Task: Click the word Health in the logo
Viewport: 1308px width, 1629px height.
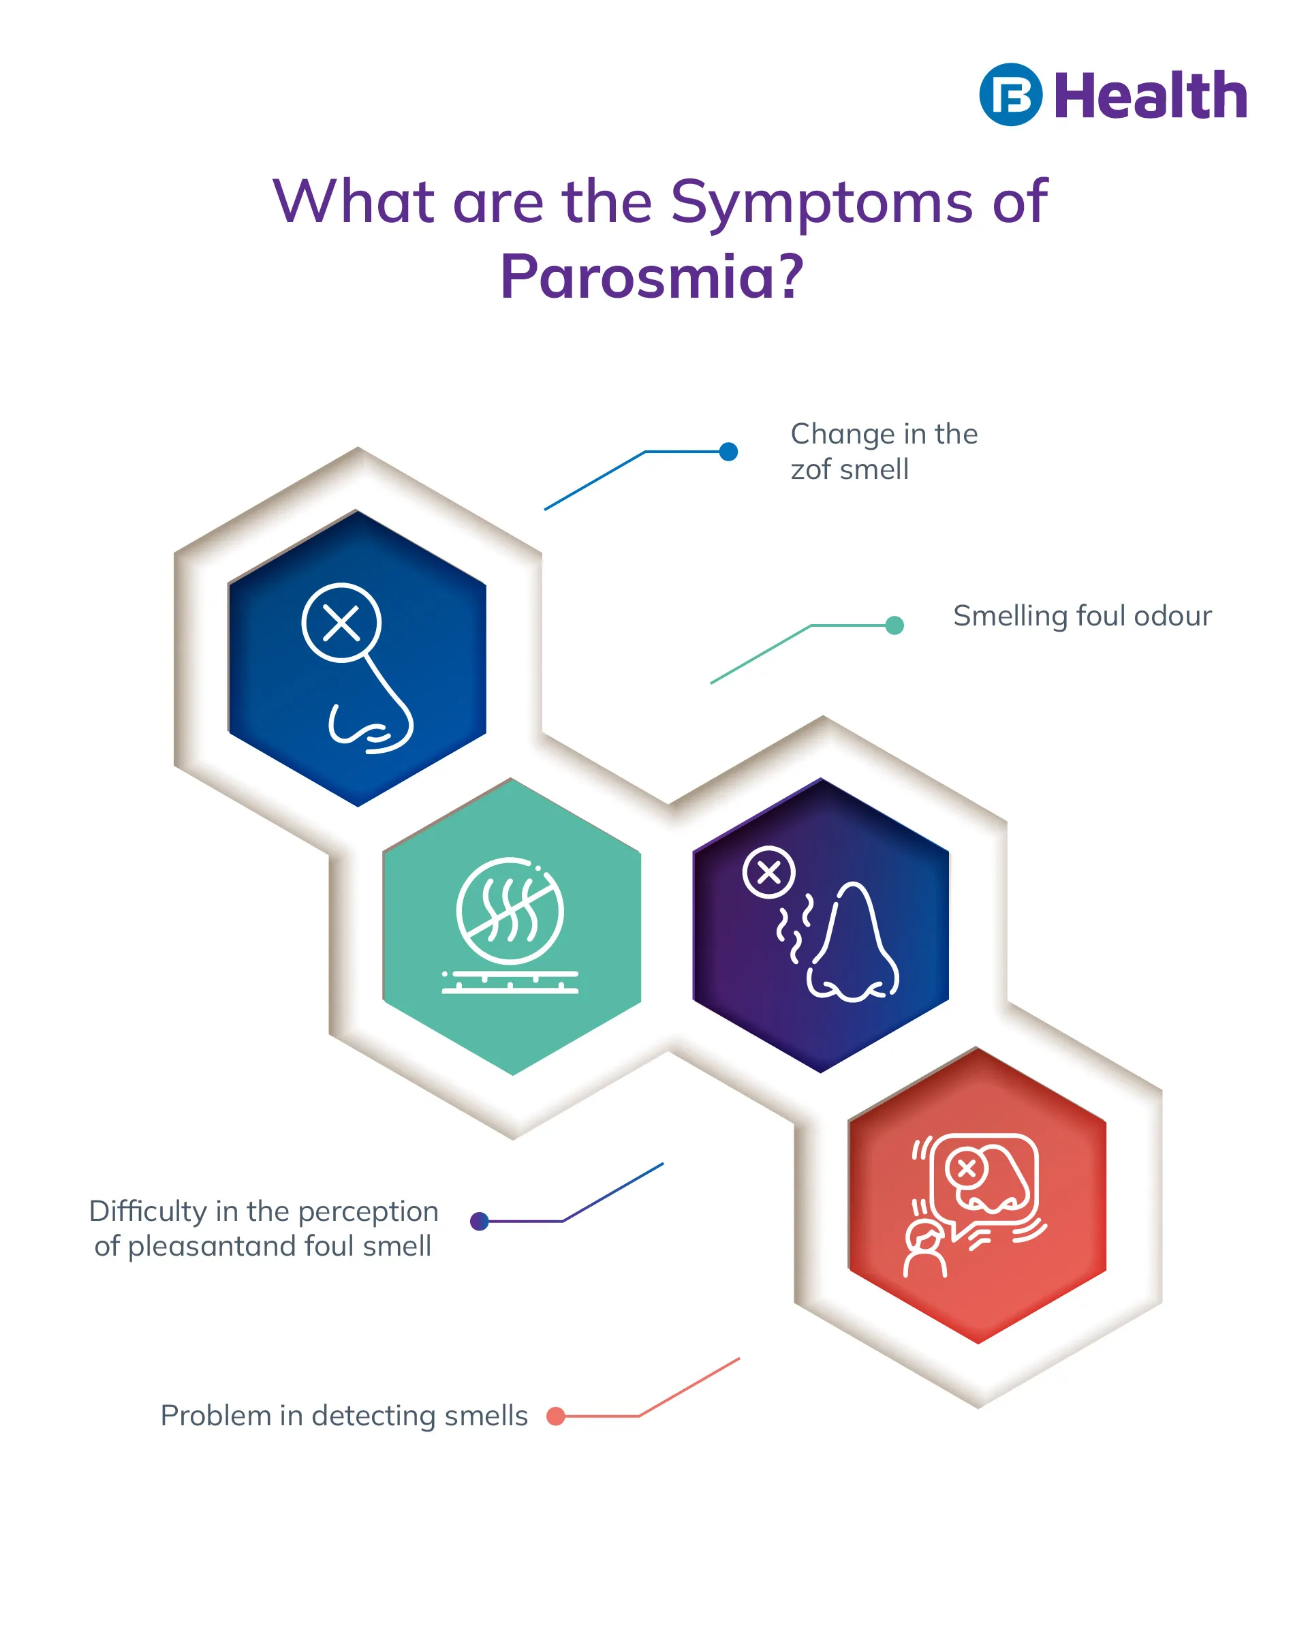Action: coord(1149,96)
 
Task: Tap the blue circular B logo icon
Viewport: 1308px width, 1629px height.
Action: coord(1010,95)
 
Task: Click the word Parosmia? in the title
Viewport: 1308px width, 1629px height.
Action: coord(651,277)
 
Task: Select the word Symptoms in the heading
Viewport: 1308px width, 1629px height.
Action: coord(822,202)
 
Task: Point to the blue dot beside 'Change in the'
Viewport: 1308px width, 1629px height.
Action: coord(728,452)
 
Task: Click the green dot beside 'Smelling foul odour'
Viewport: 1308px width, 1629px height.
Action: coord(894,625)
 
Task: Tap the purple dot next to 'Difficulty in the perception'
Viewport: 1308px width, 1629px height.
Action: coord(479,1221)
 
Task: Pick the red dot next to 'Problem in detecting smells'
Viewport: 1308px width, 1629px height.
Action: coord(555,1416)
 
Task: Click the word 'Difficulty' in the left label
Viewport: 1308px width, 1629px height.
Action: coord(148,1211)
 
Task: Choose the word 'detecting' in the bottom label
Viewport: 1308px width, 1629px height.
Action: coord(373,1415)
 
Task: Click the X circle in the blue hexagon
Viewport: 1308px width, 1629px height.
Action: coord(341,623)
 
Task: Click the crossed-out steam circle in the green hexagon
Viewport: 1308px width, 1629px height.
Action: coord(510,910)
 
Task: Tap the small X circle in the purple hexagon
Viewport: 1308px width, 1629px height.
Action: coord(768,873)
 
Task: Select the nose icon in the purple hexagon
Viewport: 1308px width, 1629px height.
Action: coord(852,944)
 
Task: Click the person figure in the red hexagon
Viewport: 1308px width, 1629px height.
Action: coord(926,1250)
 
